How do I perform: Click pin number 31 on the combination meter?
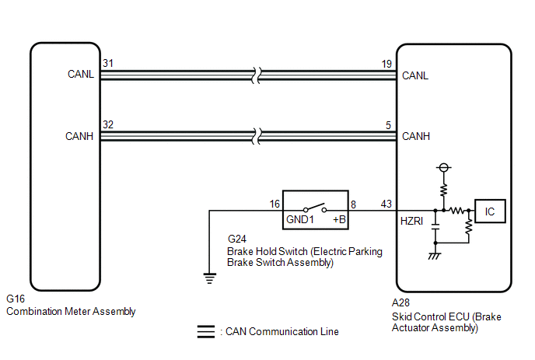(108, 63)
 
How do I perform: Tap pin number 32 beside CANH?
(108, 124)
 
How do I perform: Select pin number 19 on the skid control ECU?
(386, 64)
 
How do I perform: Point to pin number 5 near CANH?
(388, 125)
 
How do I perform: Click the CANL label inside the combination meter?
(81, 74)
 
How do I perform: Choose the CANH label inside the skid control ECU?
(416, 136)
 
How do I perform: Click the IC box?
(490, 211)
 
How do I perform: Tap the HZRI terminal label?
(411, 221)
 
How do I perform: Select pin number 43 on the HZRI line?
(386, 204)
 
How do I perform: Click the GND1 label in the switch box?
(300, 219)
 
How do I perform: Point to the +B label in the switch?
(339, 219)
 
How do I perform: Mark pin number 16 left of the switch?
(274, 204)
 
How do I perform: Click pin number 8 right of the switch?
(354, 204)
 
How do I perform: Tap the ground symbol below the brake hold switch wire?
(209, 278)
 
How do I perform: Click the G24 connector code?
(237, 239)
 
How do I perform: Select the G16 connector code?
(16, 299)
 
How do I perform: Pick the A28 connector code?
(401, 302)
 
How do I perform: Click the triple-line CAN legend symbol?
(206, 332)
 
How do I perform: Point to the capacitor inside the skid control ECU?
(435, 227)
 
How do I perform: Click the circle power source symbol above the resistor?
(443, 167)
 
